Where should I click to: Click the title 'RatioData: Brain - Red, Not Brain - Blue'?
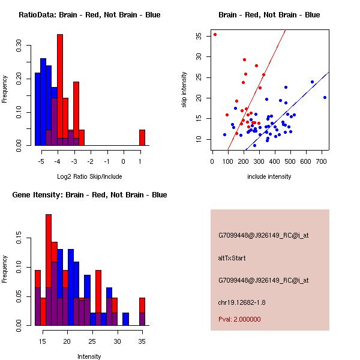pyautogui.click(x=89, y=15)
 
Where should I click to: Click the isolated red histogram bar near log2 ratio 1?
pyautogui.click(x=142, y=137)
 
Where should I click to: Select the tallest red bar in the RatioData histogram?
pyautogui.click(x=59, y=90)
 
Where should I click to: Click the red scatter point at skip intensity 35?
pyautogui.click(x=215, y=35)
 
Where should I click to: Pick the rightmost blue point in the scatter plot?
pyautogui.click(x=325, y=97)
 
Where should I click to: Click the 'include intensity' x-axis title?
pyautogui.click(x=269, y=176)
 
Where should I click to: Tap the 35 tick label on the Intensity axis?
pyautogui.click(x=142, y=341)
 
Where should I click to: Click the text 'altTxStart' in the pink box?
pyautogui.click(x=232, y=258)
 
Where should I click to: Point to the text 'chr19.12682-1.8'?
pyautogui.click(x=241, y=302)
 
